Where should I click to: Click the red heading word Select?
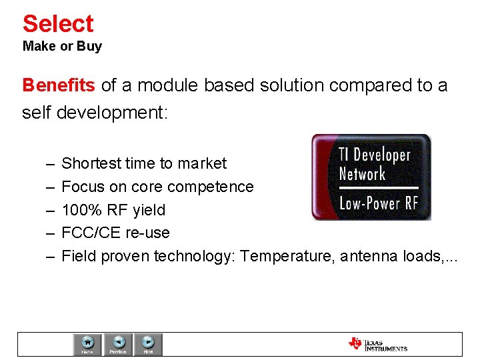pyautogui.click(x=58, y=24)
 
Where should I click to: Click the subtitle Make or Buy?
pyautogui.click(x=62, y=47)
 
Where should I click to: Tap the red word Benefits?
pyautogui.click(x=59, y=86)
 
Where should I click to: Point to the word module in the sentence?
pyautogui.click(x=168, y=86)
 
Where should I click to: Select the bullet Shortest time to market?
pyautogui.click(x=143, y=163)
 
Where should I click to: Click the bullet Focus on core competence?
pyautogui.click(x=157, y=187)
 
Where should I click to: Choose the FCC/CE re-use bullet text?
pyautogui.click(x=115, y=233)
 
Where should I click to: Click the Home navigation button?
pyautogui.click(x=87, y=344)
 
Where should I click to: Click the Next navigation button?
pyautogui.click(x=148, y=344)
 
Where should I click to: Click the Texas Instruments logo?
pyautogui.click(x=377, y=344)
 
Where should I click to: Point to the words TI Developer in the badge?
pyautogui.click(x=374, y=155)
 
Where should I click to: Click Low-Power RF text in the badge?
pyautogui.click(x=378, y=203)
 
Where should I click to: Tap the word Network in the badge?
pyautogui.click(x=362, y=175)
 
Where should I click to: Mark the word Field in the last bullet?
pyautogui.click(x=77, y=256)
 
